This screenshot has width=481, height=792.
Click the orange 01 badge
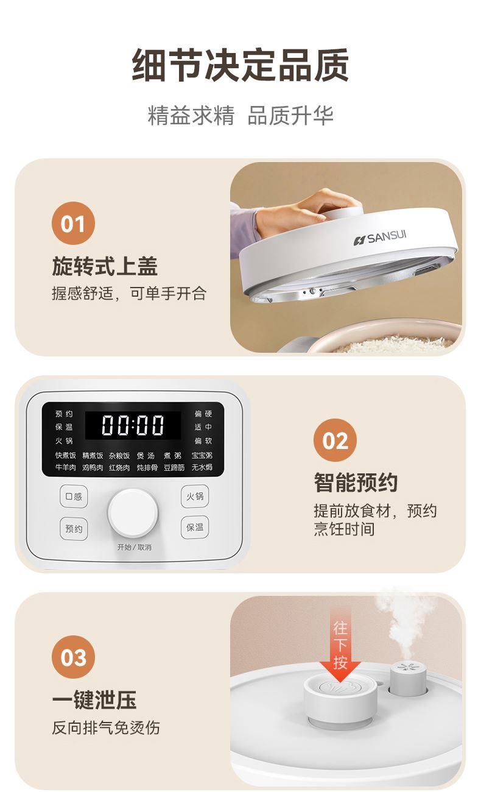coord(73,223)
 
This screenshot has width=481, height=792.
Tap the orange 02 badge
coord(335,440)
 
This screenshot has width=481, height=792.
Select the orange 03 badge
coord(73,657)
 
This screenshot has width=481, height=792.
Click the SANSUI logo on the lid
coord(380,238)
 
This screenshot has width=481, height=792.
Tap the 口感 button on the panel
coord(74,497)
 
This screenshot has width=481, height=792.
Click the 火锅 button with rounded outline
coord(195,496)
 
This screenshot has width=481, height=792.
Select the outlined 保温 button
coord(195,527)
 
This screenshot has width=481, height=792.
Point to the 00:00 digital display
coord(133,425)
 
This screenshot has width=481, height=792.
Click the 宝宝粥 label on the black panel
coord(202,456)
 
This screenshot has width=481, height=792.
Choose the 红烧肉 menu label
coord(119,467)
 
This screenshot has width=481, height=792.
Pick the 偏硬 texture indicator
coord(203,414)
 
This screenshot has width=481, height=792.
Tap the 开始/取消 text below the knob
coord(135,547)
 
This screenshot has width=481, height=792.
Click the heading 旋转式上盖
coord(105,266)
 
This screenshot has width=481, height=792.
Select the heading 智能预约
coord(356,483)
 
